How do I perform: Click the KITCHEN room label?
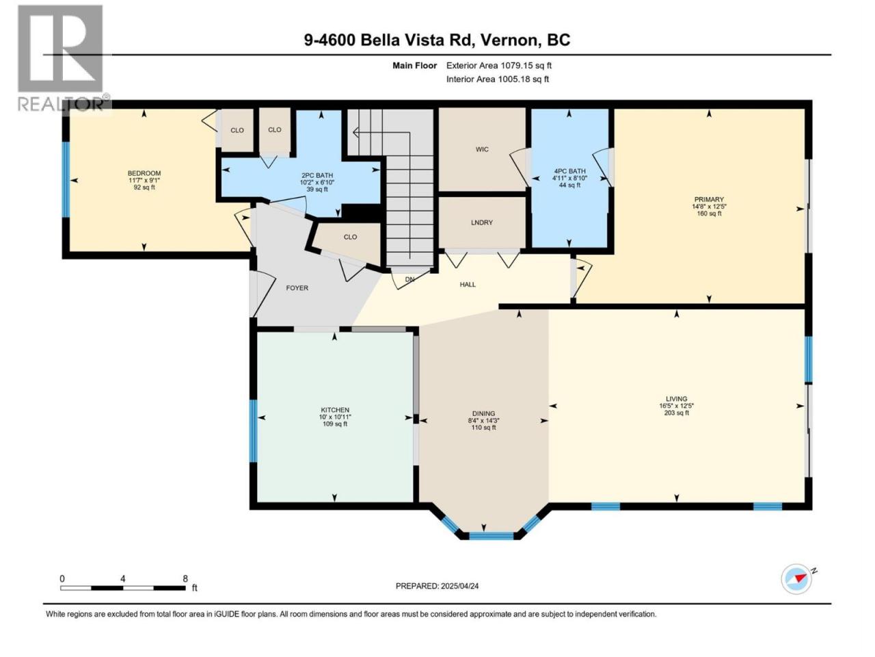(x=335, y=410)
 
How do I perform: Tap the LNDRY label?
(x=481, y=222)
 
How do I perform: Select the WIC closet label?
(x=482, y=149)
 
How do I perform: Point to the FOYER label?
(x=297, y=287)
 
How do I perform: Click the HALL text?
(x=468, y=285)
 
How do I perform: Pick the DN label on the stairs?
(x=409, y=279)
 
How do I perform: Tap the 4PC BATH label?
(x=569, y=171)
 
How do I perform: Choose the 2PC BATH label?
(x=317, y=175)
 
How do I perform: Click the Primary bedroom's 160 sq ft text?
(x=708, y=214)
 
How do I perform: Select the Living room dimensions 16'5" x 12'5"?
(x=676, y=405)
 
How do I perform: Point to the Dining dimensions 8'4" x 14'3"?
(x=483, y=420)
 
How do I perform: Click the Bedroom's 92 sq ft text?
(x=144, y=187)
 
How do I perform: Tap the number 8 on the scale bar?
(x=185, y=578)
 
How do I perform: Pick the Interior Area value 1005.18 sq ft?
(x=524, y=79)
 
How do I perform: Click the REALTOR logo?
(x=63, y=58)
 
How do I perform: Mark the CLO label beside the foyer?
(x=350, y=237)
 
